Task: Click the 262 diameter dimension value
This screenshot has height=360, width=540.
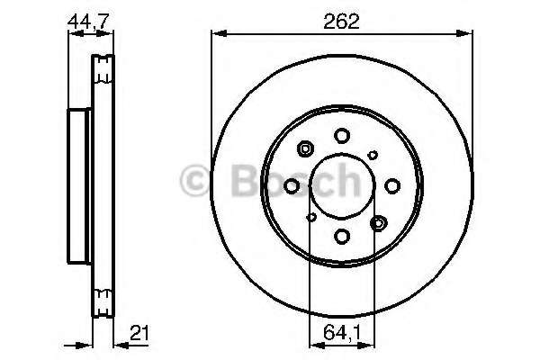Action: click(x=343, y=22)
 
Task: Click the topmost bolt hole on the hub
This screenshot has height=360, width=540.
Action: click(x=342, y=136)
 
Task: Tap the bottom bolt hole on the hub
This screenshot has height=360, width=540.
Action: click(x=342, y=237)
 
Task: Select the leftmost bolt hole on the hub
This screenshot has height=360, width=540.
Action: click(x=292, y=186)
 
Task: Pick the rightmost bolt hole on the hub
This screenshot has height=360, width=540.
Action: click(x=392, y=186)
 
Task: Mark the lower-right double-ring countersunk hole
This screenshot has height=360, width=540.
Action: click(x=378, y=222)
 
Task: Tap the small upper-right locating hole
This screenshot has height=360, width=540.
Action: click(x=373, y=156)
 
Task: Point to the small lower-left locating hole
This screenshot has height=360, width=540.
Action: click(x=311, y=217)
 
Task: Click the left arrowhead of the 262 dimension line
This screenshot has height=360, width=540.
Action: click(x=216, y=34)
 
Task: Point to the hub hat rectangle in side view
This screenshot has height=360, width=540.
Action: click(x=79, y=186)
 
